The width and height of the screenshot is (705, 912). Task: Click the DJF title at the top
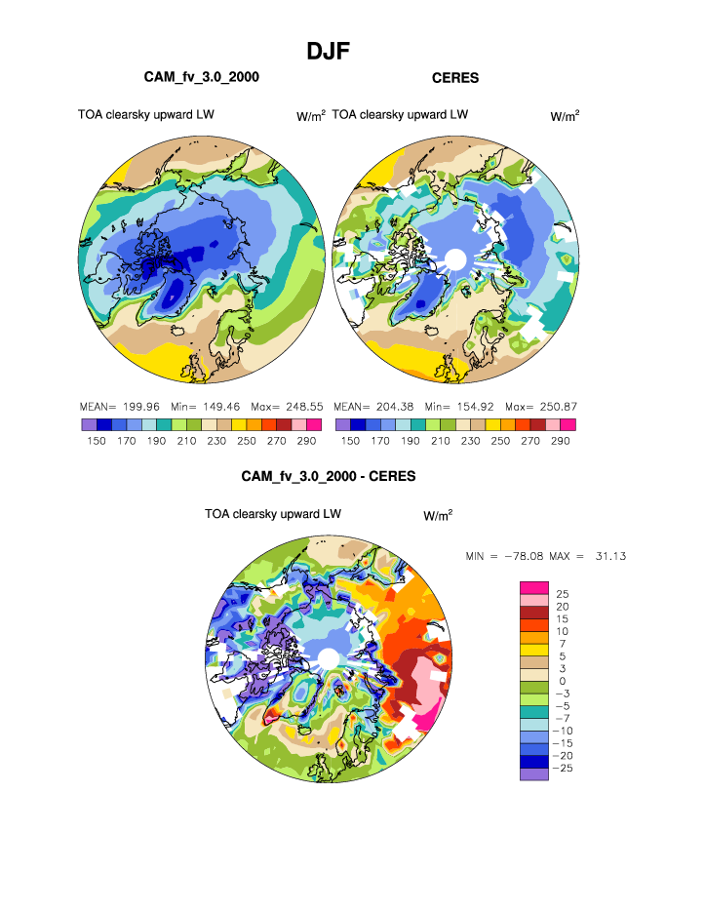pos(328,51)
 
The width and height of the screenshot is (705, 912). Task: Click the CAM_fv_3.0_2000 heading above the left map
pos(202,76)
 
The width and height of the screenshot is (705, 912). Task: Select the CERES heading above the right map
pos(455,77)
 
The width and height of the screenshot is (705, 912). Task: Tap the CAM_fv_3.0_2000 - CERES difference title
pos(329,477)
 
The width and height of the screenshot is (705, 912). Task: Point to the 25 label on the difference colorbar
pos(562,593)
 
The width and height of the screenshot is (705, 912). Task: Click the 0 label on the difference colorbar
pos(562,681)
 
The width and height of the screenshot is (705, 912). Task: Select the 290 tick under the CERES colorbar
pos(561,442)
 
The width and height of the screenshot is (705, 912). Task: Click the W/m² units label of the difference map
pos(438,514)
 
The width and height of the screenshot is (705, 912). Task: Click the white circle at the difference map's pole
pos(329,658)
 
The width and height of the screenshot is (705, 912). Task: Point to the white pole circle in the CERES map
pos(453,259)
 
